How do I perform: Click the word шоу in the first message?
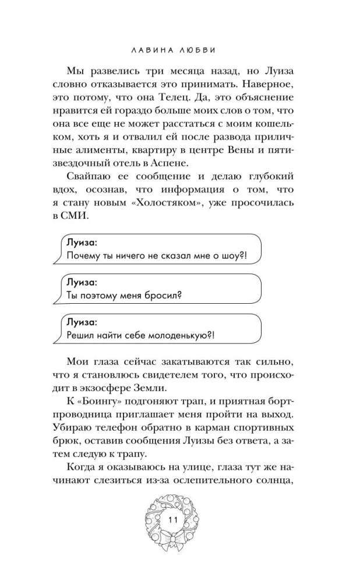(x=231, y=257)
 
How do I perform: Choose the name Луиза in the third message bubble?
(x=81, y=321)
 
